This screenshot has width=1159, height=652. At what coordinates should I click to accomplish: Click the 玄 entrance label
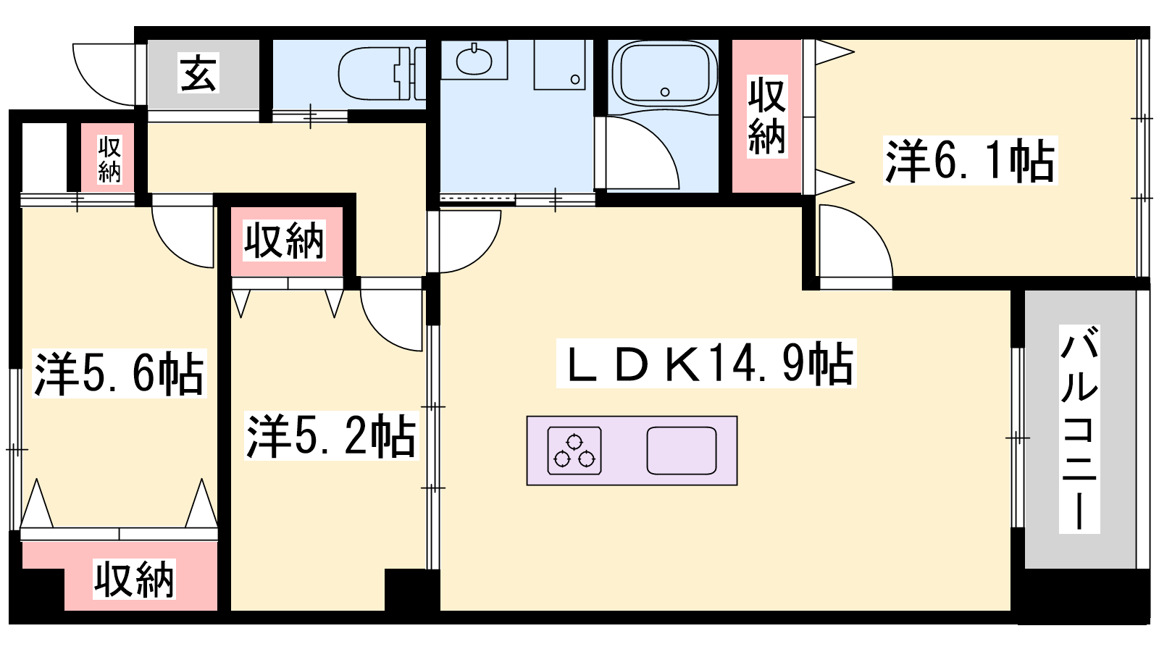tap(198, 72)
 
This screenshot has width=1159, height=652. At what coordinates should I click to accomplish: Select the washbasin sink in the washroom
tap(474, 60)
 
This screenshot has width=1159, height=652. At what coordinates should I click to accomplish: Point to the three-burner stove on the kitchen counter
tap(574, 451)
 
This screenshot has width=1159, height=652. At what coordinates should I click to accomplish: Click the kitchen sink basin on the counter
tap(682, 451)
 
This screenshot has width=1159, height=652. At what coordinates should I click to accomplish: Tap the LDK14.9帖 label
tap(706, 363)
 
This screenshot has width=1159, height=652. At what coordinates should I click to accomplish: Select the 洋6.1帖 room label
tap(970, 160)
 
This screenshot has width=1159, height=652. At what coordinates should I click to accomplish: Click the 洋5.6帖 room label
tap(120, 374)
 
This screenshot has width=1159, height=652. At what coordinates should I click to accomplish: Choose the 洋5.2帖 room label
tap(331, 435)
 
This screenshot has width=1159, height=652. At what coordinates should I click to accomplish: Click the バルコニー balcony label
tap(1079, 429)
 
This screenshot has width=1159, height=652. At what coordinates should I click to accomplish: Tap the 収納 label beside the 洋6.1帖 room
tap(767, 117)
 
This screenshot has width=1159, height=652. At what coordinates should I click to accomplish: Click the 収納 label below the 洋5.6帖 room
tap(134, 579)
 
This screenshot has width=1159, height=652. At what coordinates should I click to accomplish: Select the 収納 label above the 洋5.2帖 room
tap(284, 241)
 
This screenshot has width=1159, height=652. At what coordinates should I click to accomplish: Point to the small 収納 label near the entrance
tap(109, 159)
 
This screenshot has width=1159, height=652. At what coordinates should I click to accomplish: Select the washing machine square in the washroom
tap(559, 64)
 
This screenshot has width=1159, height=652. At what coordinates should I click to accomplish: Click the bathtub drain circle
tap(666, 92)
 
